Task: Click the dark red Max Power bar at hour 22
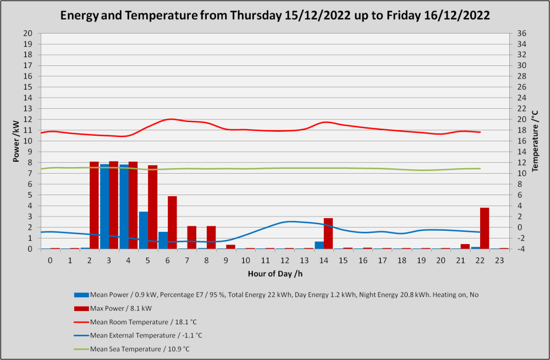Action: pyautogui.click(x=485, y=228)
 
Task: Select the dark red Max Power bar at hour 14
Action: pyautogui.click(x=328, y=234)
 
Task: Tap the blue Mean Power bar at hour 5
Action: pyautogui.click(x=144, y=230)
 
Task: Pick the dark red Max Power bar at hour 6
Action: pyautogui.click(x=172, y=223)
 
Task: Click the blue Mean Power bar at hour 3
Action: pyautogui.click(x=105, y=207)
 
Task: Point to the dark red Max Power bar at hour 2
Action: pyautogui.click(x=94, y=206)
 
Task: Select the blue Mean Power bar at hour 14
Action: pyautogui.click(x=319, y=245)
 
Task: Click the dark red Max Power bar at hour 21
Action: pyautogui.click(x=465, y=246)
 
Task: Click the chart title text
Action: pyautogui.click(x=275, y=15)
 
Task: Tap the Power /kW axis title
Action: pyautogui.click(x=16, y=141)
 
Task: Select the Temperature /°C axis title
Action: pyautogui.click(x=535, y=141)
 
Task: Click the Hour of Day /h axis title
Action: pyautogui.click(x=275, y=274)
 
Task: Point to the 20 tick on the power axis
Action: pyautogui.click(x=28, y=34)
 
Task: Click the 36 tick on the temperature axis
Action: pyautogui.click(x=521, y=34)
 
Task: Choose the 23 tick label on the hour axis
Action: pyautogui.click(x=499, y=261)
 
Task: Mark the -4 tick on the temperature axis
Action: pyautogui.click(x=521, y=249)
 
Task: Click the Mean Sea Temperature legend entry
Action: pyautogui.click(x=132, y=349)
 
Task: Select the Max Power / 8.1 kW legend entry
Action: pyautogui.click(x=113, y=308)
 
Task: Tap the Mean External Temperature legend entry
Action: pyautogui.click(x=138, y=335)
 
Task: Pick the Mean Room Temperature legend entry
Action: pyautogui.click(x=135, y=322)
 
